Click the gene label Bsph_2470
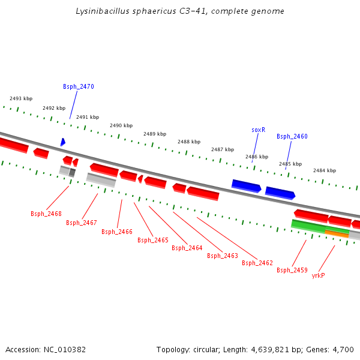coord(78,86)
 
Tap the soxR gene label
coord(258,130)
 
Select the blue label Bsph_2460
coord(292,137)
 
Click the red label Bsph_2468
coord(46,214)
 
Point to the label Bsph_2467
coord(82,223)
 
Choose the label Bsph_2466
coord(117,232)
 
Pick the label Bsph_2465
coord(153,240)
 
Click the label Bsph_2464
coord(187,248)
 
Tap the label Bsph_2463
coord(223,256)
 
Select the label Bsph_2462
coord(257,263)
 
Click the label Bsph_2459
coord(292,270)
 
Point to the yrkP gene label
coord(318,276)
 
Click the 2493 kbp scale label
coord(21,98)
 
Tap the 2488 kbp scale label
coord(189,142)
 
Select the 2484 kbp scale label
coord(325,170)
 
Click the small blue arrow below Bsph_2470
coord(62,142)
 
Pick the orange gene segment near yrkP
coord(337,233)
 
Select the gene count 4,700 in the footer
coord(343,349)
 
